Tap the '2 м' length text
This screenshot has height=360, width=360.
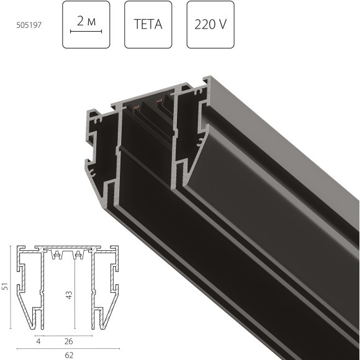click(x=86, y=21)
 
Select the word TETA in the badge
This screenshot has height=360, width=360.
click(x=148, y=25)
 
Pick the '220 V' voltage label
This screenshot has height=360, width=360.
click(x=210, y=25)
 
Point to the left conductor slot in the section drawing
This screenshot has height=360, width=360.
click(x=58, y=255)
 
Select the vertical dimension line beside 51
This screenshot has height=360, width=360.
click(x=12, y=287)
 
